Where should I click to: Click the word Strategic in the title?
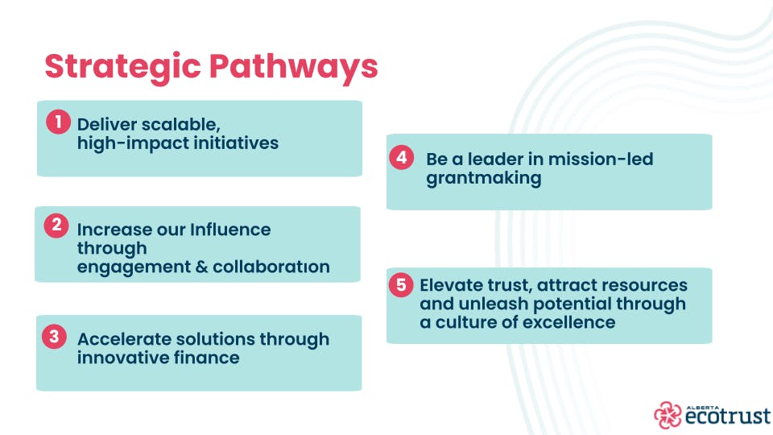pyautogui.click(x=122, y=67)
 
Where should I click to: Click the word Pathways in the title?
pyautogui.click(x=294, y=67)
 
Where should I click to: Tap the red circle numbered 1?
pyautogui.click(x=58, y=122)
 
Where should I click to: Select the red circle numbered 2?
pyautogui.click(x=56, y=226)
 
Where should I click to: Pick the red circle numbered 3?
pyautogui.click(x=54, y=337)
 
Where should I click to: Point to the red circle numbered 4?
pyautogui.click(x=401, y=157)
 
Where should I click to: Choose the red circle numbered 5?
pyautogui.click(x=401, y=285)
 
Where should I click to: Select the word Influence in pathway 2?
pyautogui.click(x=230, y=230)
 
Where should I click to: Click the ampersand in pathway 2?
pyautogui.click(x=201, y=267)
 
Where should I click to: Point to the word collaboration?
pyautogui.click(x=271, y=267)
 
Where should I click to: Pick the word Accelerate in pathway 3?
pyautogui.click(x=124, y=339)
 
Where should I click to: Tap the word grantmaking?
pyautogui.click(x=484, y=179)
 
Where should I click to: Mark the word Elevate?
pyautogui.click(x=452, y=285)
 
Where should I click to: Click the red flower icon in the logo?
pyautogui.click(x=668, y=414)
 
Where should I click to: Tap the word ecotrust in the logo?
pyautogui.click(x=728, y=416)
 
